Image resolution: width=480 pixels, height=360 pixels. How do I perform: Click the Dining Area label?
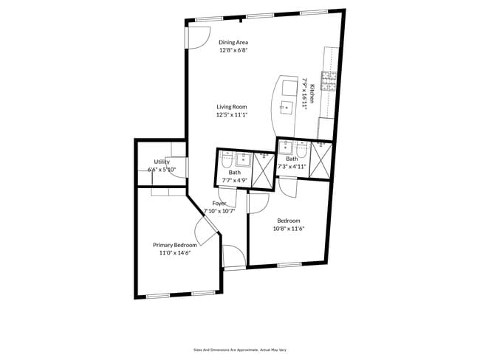coord(233,43)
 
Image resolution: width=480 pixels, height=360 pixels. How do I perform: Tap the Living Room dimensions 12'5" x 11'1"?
coord(232,115)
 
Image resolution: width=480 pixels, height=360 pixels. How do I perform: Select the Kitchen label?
coord(312,94)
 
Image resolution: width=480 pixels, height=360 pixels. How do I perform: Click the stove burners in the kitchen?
coord(329,81)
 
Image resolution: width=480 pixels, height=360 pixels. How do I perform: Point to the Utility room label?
coord(162,162)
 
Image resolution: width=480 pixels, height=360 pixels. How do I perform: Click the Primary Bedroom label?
coord(175,245)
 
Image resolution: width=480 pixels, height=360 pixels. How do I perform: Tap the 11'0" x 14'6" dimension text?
coord(175,253)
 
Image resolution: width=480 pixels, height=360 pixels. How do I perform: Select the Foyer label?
coord(219,203)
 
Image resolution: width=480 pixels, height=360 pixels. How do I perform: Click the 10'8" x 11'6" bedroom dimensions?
coord(289,228)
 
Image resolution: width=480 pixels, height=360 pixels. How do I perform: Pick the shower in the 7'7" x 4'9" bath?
coord(263,170)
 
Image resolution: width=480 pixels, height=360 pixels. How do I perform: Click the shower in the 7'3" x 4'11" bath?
coord(320,160)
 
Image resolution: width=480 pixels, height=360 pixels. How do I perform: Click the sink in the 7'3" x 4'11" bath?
coord(286,147)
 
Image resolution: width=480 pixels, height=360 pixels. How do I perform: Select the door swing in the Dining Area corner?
coord(198,38)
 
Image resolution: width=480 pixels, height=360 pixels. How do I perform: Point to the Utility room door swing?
coord(176,167)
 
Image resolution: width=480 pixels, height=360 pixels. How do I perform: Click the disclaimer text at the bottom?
coord(240,350)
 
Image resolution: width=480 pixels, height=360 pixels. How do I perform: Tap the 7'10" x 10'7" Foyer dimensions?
coord(219,211)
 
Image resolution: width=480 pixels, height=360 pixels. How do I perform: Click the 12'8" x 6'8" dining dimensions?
coord(233,50)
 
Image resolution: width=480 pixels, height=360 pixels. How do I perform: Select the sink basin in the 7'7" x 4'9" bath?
coord(244,159)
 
